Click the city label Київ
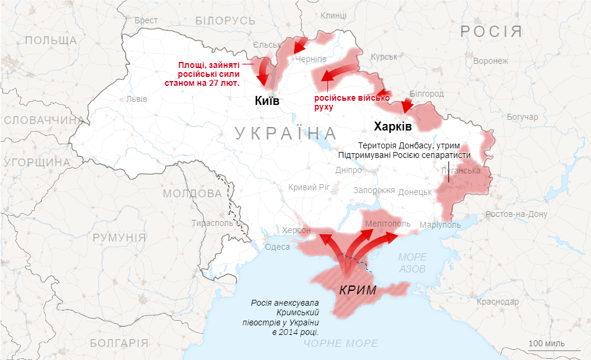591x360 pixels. [267, 101]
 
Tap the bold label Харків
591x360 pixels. [392, 126]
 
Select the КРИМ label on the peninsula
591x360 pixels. [358, 291]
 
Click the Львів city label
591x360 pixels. [137, 99]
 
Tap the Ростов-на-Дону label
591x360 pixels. [516, 214]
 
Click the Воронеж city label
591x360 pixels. [490, 61]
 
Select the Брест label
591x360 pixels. [146, 20]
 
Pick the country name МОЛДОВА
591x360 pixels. [192, 194]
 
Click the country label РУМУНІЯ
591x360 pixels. [119, 237]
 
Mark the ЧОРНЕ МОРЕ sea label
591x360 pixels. [341, 343]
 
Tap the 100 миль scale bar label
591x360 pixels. [547, 343]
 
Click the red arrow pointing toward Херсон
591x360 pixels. [327, 240]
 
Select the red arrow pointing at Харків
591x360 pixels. [407, 106]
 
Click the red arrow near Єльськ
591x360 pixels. [298, 46]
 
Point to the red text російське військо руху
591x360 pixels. [351, 102]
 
